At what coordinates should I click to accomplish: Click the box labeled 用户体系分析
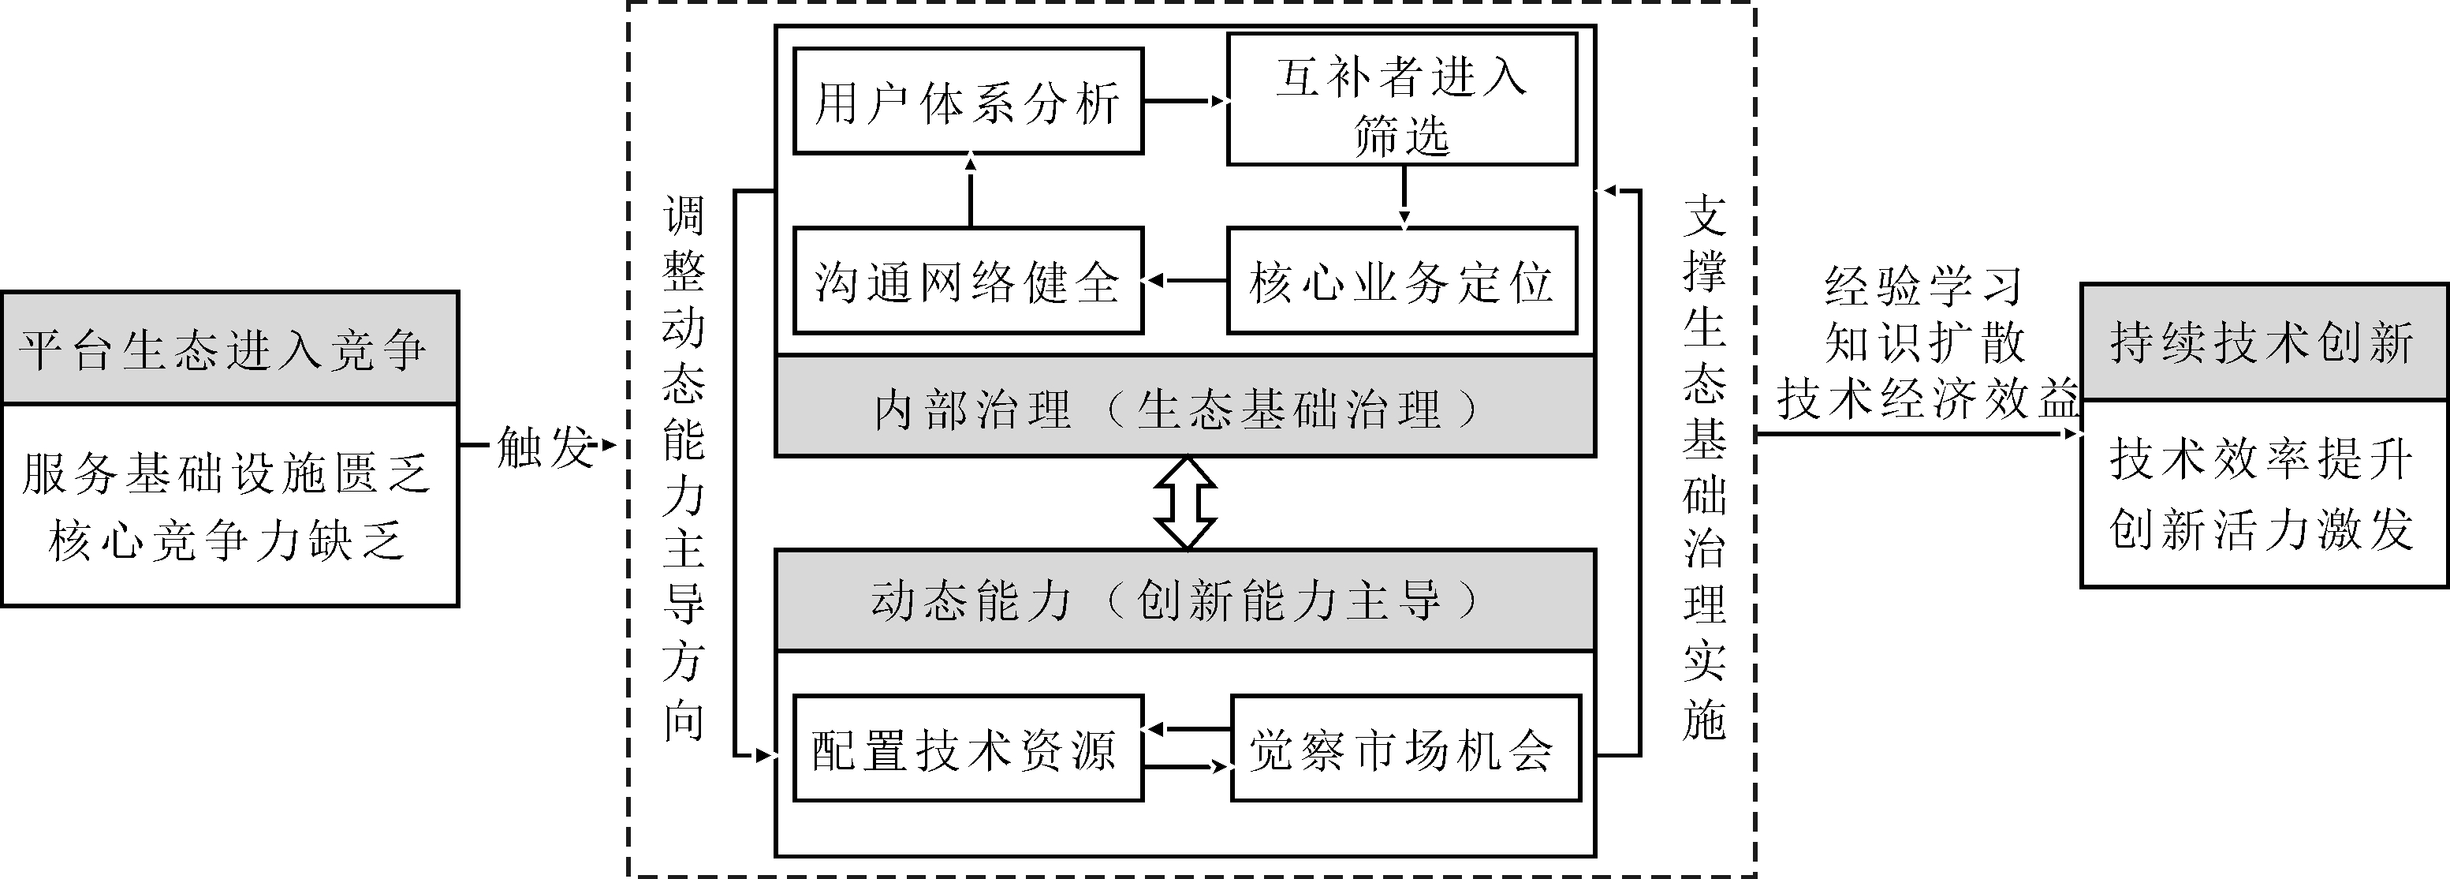tap(968, 101)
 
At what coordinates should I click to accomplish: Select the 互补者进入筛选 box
tap(1403, 99)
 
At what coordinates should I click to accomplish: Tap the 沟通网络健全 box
tap(968, 281)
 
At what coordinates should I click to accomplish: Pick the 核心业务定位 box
tap(1403, 281)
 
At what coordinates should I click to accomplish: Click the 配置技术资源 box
tap(968, 748)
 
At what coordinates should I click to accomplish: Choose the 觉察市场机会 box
tap(1406, 748)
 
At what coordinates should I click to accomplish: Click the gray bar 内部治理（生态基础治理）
tap(1185, 407)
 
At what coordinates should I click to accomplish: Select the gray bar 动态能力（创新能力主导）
tap(1185, 600)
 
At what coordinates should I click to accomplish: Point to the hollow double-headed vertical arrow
tap(1185, 503)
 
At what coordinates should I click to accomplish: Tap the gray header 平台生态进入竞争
tap(230, 348)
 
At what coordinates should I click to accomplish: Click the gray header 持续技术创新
tap(2265, 342)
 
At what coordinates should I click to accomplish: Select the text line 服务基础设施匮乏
tap(226, 473)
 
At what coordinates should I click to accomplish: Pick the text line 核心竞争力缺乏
tap(226, 540)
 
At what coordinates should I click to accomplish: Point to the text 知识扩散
tap(1925, 342)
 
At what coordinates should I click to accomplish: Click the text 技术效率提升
tap(2262, 459)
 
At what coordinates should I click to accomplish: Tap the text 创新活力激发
tap(2262, 528)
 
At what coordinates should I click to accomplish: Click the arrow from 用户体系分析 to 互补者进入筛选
tap(1185, 100)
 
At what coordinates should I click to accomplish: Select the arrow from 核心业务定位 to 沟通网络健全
tap(1185, 281)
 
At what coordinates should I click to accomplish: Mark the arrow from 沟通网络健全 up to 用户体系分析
tap(970, 189)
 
